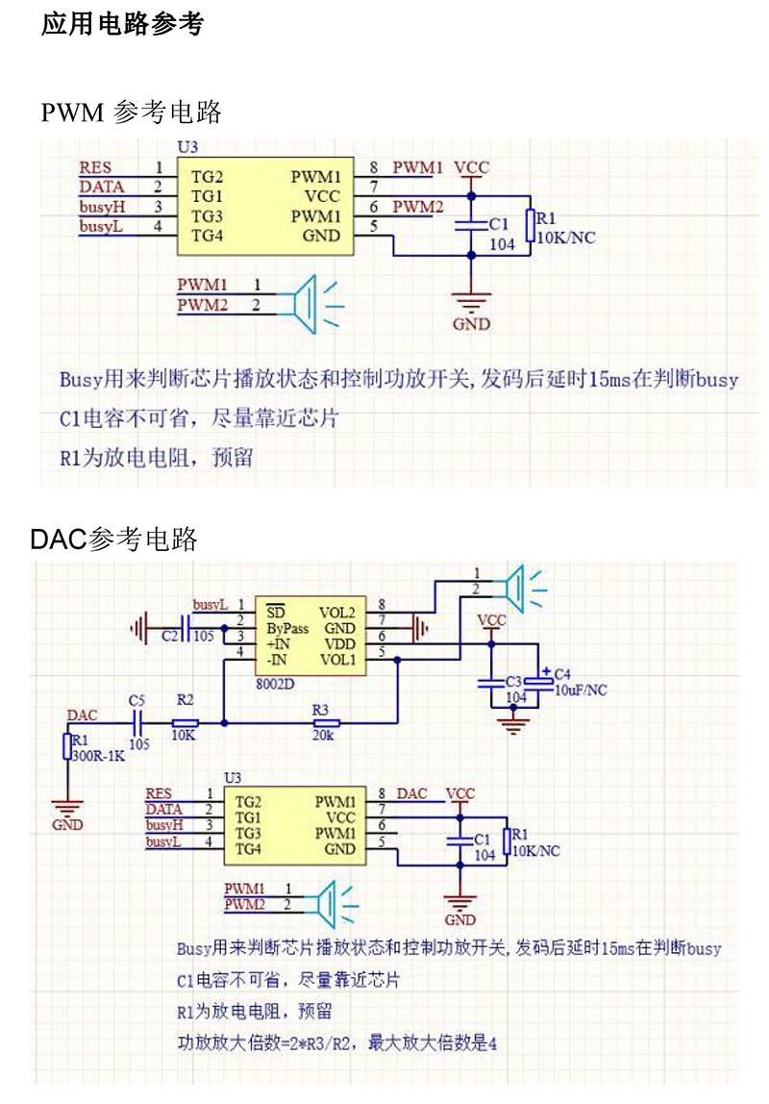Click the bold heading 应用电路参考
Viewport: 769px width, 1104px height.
click(x=122, y=25)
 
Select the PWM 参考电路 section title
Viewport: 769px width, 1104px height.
click(x=132, y=113)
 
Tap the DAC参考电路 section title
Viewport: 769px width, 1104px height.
click(x=113, y=539)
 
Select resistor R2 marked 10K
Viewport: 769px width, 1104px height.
click(x=186, y=722)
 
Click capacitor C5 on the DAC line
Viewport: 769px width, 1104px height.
click(x=137, y=721)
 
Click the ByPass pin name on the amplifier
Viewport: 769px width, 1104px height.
click(x=287, y=628)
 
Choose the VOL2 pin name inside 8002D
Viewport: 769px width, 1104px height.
click(x=337, y=613)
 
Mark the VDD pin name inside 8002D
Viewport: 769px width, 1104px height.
click(x=339, y=643)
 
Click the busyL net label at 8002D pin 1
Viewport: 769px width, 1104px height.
click(x=211, y=605)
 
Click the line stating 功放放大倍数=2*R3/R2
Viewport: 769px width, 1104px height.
click(x=336, y=1041)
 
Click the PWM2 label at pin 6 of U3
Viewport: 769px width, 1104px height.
click(x=418, y=207)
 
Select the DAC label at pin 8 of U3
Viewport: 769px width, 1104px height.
click(x=412, y=793)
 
